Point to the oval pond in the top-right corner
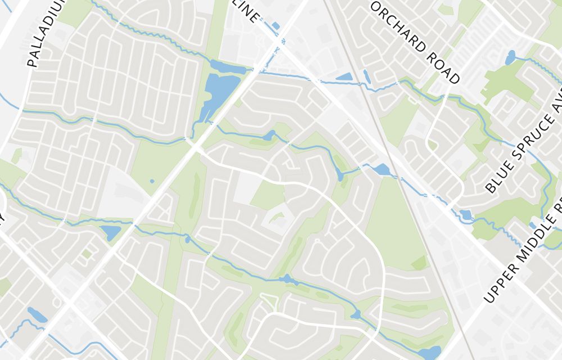click(x=510, y=57)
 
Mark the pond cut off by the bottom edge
click(x=430, y=353)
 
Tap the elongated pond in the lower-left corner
click(x=37, y=315)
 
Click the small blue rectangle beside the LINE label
click(x=275, y=26)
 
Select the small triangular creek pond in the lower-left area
click(x=111, y=232)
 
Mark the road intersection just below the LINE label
click(x=279, y=42)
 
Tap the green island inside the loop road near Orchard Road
click(x=432, y=145)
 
